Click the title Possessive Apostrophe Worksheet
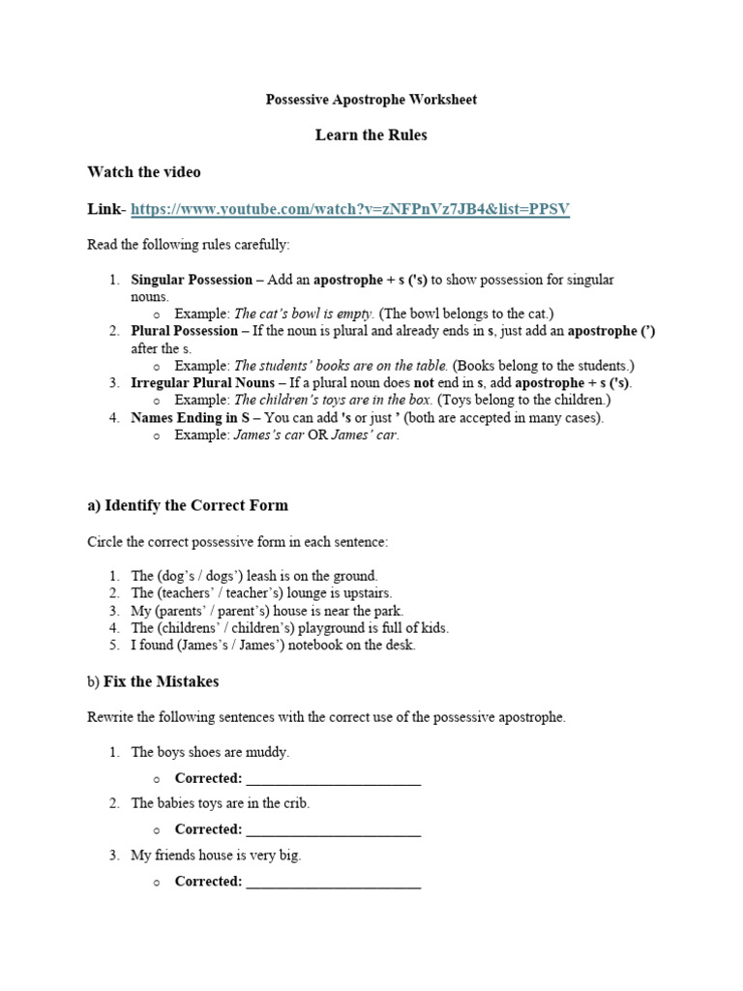[371, 100]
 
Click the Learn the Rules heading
[371, 135]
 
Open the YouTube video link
[350, 209]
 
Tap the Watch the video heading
[144, 172]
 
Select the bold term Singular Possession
[191, 280]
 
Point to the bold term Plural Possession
[184, 331]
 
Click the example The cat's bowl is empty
[304, 314]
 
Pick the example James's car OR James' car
[316, 435]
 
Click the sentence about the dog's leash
[254, 576]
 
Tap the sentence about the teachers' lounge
[261, 593]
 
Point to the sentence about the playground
[289, 628]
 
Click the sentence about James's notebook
[273, 646]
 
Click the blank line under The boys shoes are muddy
[333, 779]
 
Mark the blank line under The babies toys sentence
[333, 830]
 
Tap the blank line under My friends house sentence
[333, 883]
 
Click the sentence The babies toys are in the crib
[221, 803]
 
